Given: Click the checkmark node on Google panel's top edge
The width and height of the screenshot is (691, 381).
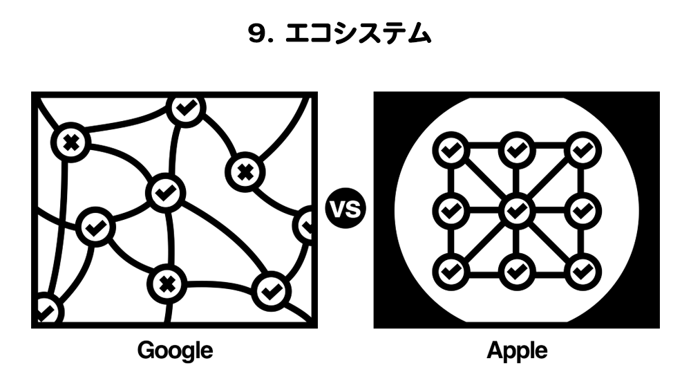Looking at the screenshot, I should tap(184, 108).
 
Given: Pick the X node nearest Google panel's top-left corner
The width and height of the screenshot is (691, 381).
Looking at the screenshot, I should tap(70, 144).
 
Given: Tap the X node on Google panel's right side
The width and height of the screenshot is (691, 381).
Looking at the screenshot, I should tap(243, 171).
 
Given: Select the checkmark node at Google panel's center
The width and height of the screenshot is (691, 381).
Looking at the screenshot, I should tap(165, 192).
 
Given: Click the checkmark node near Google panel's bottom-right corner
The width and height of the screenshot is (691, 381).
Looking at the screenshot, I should tap(269, 290).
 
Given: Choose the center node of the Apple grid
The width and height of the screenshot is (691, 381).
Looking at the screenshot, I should tap(515, 210).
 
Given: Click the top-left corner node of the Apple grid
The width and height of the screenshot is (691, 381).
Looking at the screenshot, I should tap(450, 148).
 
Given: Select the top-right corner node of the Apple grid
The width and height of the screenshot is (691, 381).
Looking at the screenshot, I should tap(583, 148).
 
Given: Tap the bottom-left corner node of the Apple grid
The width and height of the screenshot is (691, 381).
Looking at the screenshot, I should tap(450, 269).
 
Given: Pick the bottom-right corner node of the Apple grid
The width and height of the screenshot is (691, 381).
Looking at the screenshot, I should tap(583, 269).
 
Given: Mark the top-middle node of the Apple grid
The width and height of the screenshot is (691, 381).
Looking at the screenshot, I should tap(515, 148).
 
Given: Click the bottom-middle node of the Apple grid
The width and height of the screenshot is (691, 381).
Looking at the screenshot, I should tap(515, 269).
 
